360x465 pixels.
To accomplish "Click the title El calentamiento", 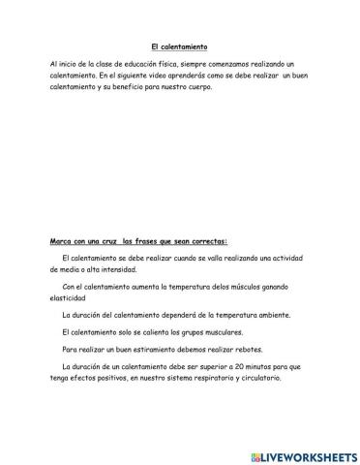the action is tap(180, 46).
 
